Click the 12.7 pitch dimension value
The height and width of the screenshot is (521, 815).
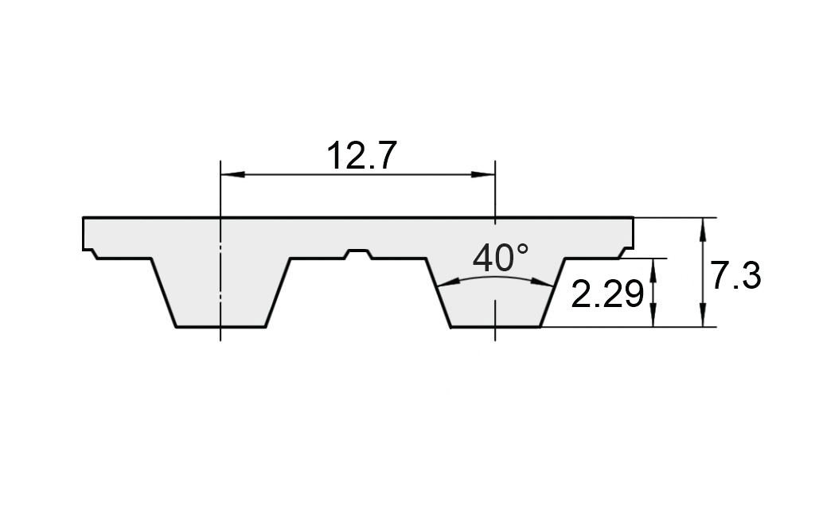(x=362, y=156)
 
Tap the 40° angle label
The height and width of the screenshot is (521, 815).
(x=501, y=258)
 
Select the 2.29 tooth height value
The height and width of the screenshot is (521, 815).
(x=607, y=294)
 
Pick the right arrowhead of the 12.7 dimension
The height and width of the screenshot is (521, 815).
(x=483, y=174)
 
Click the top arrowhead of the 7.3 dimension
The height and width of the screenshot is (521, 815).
(x=704, y=230)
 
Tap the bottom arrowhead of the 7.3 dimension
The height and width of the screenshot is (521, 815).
(x=704, y=315)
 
